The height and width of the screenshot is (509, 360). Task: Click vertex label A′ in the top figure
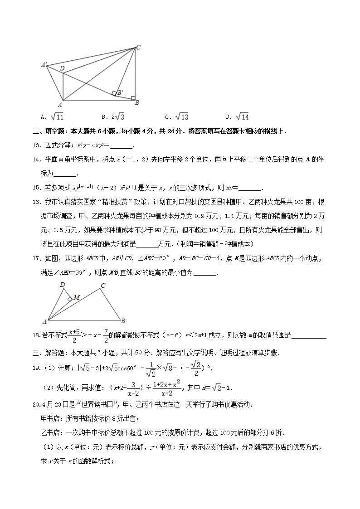tap(44, 65)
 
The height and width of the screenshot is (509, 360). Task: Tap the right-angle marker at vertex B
tap(132, 97)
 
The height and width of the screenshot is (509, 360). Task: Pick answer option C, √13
tap(177, 117)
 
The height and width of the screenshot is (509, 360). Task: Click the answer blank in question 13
tap(121, 146)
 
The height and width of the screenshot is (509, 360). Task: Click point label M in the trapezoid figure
tap(76, 297)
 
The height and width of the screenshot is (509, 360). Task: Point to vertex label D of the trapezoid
tap(62, 285)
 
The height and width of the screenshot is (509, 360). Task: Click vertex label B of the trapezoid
tap(123, 322)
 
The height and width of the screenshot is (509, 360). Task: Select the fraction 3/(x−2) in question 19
tap(132, 389)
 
